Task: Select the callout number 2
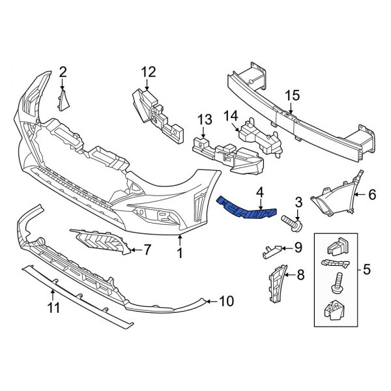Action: point(63,71)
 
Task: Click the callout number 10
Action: point(225,301)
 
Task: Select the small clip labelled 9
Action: point(274,248)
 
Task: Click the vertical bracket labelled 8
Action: point(274,283)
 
